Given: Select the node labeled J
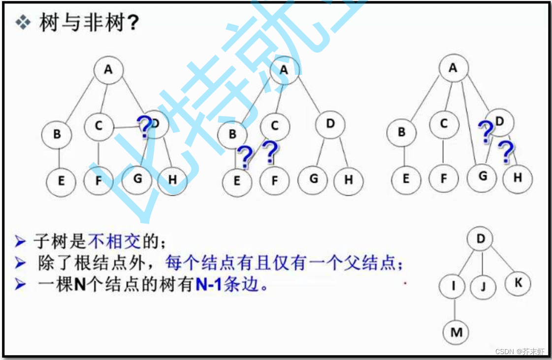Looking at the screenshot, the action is (x=483, y=286).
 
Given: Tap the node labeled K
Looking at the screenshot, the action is (x=518, y=283).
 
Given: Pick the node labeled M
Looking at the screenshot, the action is (x=456, y=332).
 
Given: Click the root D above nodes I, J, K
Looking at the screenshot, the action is (x=481, y=239).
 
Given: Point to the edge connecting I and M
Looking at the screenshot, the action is (x=455, y=309).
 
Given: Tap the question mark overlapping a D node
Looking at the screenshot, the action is (x=144, y=127).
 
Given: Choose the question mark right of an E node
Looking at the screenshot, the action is (x=245, y=157).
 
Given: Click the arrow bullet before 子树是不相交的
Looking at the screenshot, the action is (x=20, y=241).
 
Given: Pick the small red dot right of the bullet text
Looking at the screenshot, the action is (x=405, y=283).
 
